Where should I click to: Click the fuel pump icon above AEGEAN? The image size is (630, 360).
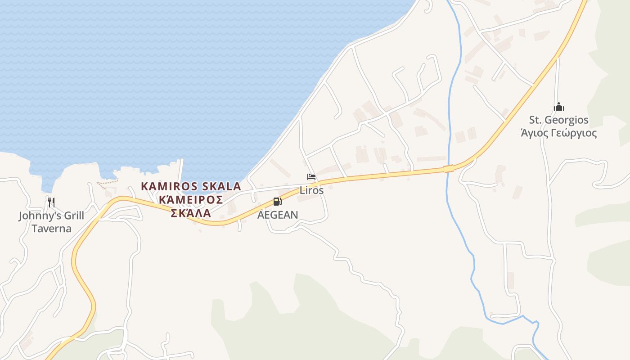pyautogui.click(x=278, y=202)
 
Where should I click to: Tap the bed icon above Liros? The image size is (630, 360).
pyautogui.click(x=311, y=177)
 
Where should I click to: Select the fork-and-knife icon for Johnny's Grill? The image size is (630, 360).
pyautogui.click(x=51, y=202)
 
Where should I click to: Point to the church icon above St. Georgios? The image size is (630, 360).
pyautogui.click(x=559, y=107)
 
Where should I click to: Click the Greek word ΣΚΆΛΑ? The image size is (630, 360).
pyautogui.click(x=191, y=213)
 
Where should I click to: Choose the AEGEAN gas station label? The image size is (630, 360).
pyautogui.click(x=278, y=215)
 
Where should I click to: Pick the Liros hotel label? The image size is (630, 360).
pyautogui.click(x=311, y=190)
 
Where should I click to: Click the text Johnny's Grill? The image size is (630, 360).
pyautogui.click(x=51, y=216)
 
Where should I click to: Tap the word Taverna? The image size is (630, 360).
pyautogui.click(x=51, y=229)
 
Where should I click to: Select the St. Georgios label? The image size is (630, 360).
pyautogui.click(x=558, y=120)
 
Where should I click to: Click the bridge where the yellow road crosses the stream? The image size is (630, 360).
pyautogui.click(x=449, y=169)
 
